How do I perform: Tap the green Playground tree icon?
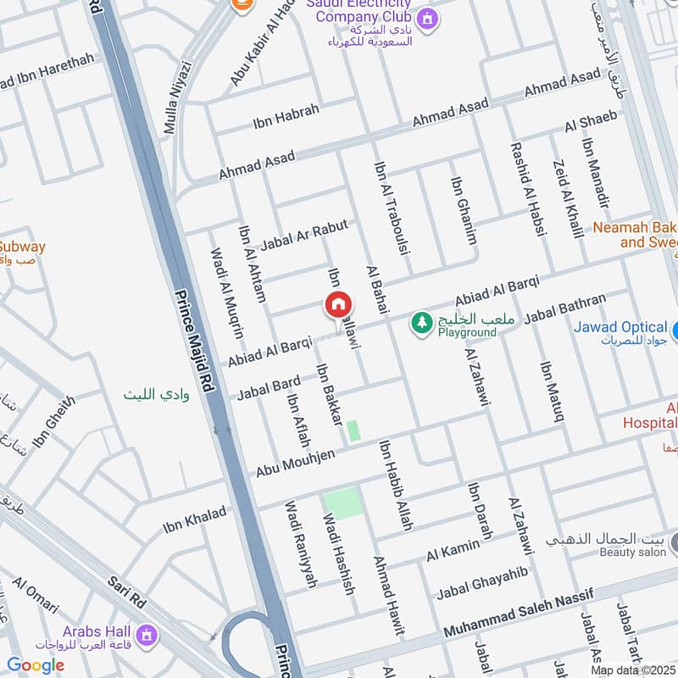[x=420, y=322]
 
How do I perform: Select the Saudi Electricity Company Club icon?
[x=428, y=17]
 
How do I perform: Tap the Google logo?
[x=36, y=665]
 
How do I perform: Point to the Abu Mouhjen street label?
[x=295, y=462]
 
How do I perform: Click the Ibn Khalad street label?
[x=195, y=520]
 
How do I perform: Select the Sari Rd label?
[x=127, y=592]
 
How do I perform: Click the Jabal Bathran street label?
[x=565, y=308]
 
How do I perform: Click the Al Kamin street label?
[x=453, y=552]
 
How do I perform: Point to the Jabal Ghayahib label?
[x=481, y=583]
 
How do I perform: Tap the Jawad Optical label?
[x=620, y=327]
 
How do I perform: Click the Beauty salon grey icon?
[x=675, y=540]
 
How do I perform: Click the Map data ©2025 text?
[x=632, y=670]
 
